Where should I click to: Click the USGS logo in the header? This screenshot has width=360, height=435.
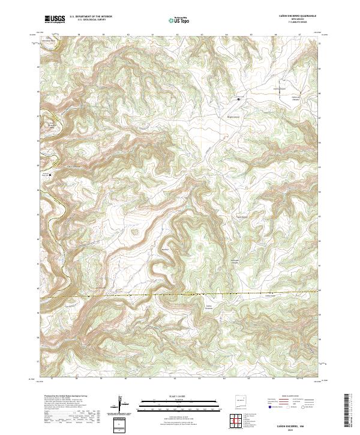[x=55, y=19]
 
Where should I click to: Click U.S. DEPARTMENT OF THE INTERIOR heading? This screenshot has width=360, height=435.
[x=91, y=17]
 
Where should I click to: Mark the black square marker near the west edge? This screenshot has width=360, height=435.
[x=50, y=175]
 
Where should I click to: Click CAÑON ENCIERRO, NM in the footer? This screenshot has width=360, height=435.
[x=300, y=424]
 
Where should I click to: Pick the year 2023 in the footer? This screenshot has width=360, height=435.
[x=300, y=428]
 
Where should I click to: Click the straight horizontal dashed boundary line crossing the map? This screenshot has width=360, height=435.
[x=180, y=295]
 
